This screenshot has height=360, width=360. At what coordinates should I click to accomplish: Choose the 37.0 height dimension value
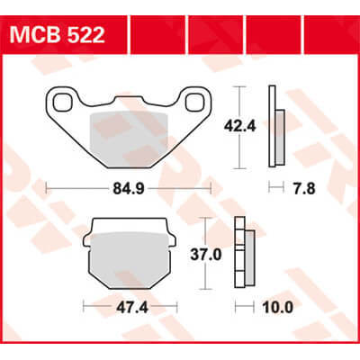[x=228, y=255]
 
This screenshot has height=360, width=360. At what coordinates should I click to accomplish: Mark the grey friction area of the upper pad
[x=129, y=135]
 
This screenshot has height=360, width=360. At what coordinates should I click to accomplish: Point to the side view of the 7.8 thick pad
[x=276, y=127]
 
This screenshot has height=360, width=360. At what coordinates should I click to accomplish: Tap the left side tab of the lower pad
[x=88, y=242]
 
